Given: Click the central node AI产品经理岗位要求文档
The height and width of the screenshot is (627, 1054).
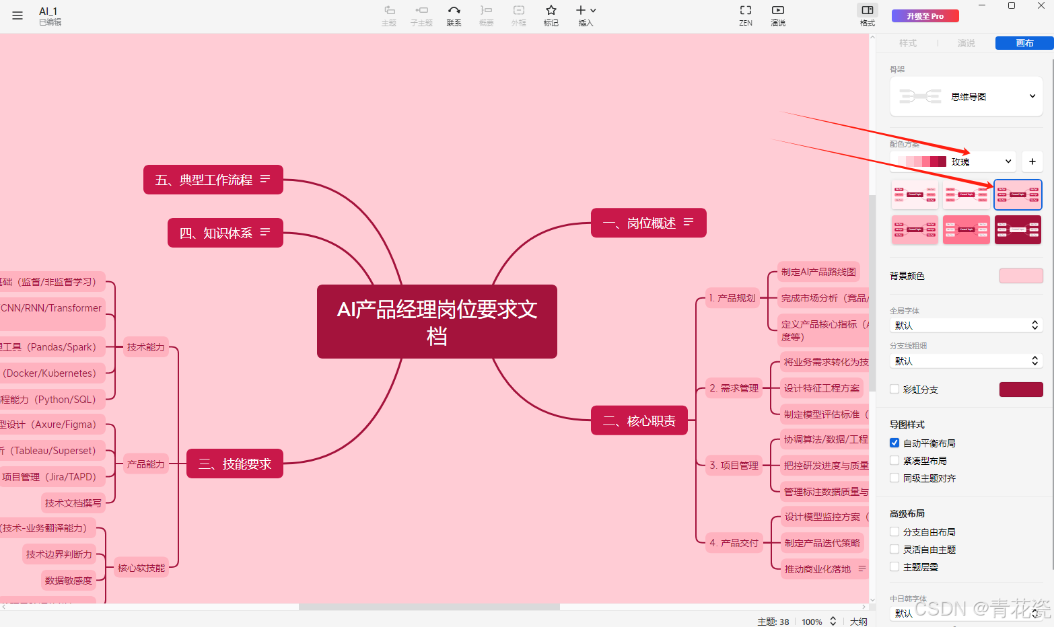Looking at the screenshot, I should [x=437, y=322].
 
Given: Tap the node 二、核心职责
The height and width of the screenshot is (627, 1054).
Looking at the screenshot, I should [x=639, y=421].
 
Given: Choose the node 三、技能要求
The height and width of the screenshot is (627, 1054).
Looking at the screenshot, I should [x=234, y=464].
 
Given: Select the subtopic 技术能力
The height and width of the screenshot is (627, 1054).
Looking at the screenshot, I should [x=145, y=347].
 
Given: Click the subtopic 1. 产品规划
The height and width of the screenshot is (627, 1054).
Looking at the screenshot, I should [x=732, y=298].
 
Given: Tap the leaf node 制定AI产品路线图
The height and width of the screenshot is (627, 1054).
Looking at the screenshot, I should [x=818, y=272].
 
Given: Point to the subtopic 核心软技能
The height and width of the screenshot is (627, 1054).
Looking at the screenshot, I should [x=141, y=568].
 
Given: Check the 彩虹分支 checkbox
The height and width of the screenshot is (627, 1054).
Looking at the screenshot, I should [x=894, y=390].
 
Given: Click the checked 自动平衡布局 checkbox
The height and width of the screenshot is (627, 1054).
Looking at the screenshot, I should [x=894, y=443].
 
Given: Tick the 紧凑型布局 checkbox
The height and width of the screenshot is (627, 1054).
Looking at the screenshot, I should [x=894, y=461].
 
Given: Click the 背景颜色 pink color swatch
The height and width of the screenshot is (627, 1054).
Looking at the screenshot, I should [x=1020, y=276].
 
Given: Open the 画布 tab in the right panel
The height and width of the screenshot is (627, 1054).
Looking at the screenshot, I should [x=1024, y=43].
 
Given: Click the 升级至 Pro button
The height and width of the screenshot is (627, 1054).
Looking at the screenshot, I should [x=925, y=16].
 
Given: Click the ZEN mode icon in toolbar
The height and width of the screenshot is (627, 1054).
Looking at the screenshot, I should [x=746, y=15].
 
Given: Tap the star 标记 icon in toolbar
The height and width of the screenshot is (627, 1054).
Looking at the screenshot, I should [x=551, y=15].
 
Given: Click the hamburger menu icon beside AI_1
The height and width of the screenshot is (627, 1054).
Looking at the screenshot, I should [x=17, y=15].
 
